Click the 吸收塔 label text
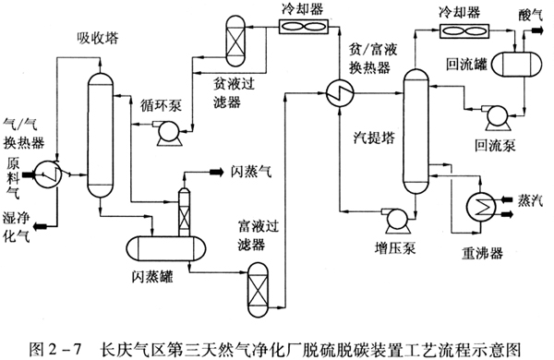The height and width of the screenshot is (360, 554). coord(98,38)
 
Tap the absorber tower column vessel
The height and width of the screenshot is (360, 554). coord(101,135)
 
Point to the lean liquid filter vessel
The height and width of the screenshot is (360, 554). coord(235,41)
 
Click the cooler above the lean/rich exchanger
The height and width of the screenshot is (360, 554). coord(304,27)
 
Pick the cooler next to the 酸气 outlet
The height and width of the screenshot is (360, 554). coord(464,30)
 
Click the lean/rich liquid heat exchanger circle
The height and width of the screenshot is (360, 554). coord(340,92)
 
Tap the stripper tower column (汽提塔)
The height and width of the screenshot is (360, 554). coord(415,131)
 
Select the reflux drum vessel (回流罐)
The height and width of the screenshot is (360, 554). coord(517,64)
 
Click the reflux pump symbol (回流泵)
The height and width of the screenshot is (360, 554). coord(497,116)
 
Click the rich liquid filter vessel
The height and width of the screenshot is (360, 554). coord(258,290)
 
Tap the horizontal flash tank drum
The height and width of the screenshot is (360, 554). coord(166,248)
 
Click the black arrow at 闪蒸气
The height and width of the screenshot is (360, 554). coord(216,172)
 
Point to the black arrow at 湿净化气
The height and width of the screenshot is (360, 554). coord(42,225)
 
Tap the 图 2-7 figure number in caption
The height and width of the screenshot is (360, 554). coord(55,349)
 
